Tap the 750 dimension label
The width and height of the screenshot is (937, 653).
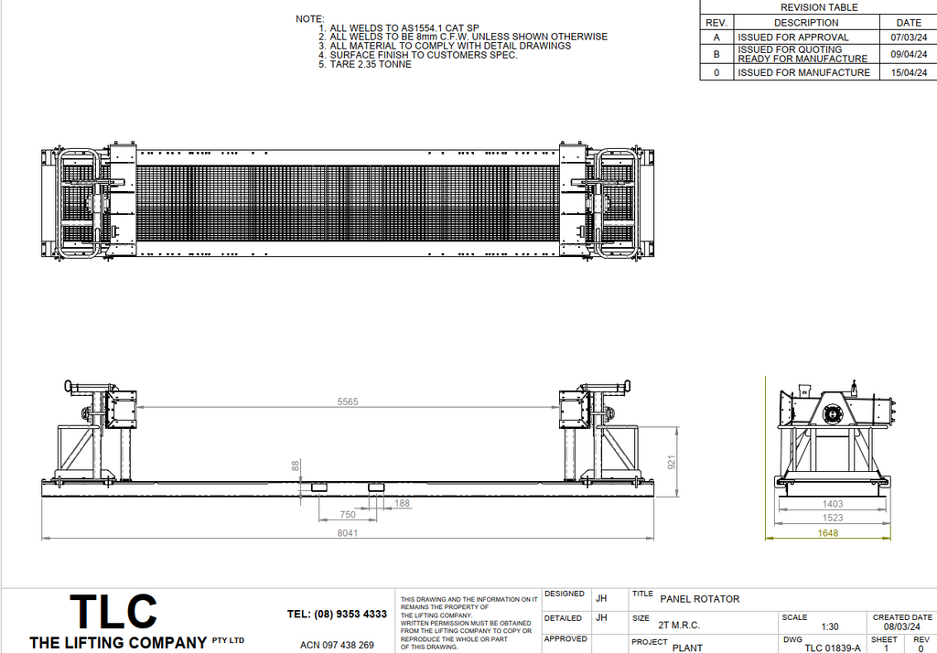pyautogui.click(x=348, y=515)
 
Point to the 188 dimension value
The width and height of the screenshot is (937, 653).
pyautogui.click(x=402, y=503)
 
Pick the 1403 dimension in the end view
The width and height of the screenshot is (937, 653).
pyautogui.click(x=832, y=503)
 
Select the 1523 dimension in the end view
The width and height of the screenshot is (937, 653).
pyautogui.click(x=832, y=518)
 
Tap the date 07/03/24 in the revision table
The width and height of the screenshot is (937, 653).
pyautogui.click(x=909, y=37)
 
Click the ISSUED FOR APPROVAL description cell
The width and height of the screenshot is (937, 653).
pyautogui.click(x=792, y=37)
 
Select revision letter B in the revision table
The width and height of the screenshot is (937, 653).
pyautogui.click(x=716, y=54)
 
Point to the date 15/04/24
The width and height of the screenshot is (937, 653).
pyautogui.click(x=909, y=72)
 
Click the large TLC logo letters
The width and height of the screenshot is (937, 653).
pyautogui.click(x=113, y=612)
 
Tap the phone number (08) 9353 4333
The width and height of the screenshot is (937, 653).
pyautogui.click(x=337, y=614)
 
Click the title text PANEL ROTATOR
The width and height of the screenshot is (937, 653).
pyautogui.click(x=699, y=599)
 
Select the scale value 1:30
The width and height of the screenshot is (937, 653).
pyautogui.click(x=830, y=626)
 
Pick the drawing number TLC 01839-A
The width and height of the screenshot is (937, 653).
pyautogui.click(x=832, y=648)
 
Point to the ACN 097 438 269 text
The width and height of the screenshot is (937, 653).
pyautogui.click(x=337, y=645)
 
